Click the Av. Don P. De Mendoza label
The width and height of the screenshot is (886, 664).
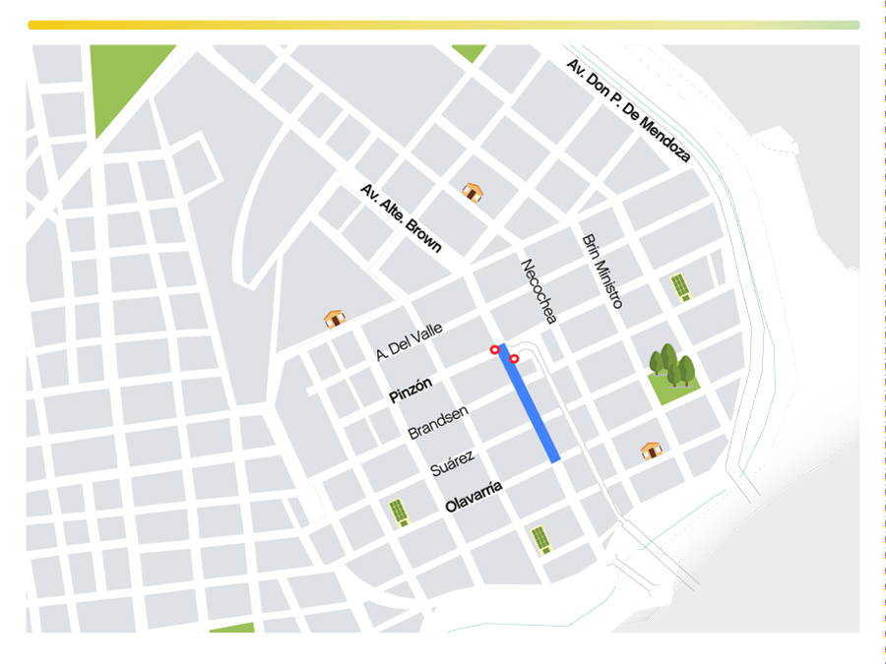628,109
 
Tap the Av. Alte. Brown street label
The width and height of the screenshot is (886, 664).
401,217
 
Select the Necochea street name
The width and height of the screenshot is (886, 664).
538,290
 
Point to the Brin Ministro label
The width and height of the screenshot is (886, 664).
601,272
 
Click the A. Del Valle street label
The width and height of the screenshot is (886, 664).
409,341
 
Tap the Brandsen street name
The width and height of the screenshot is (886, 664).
437,422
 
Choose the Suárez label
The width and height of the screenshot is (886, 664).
453,463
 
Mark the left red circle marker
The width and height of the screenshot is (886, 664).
494,349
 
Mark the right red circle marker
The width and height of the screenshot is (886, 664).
514,359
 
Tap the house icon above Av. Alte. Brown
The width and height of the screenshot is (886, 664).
473,192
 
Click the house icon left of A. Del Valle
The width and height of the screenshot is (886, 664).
335,318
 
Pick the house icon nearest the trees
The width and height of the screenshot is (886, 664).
651,451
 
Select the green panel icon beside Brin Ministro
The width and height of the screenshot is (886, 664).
679,286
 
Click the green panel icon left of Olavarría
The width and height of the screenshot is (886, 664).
399,513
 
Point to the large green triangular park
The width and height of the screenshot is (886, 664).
123,84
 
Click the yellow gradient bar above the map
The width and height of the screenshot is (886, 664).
443,25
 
